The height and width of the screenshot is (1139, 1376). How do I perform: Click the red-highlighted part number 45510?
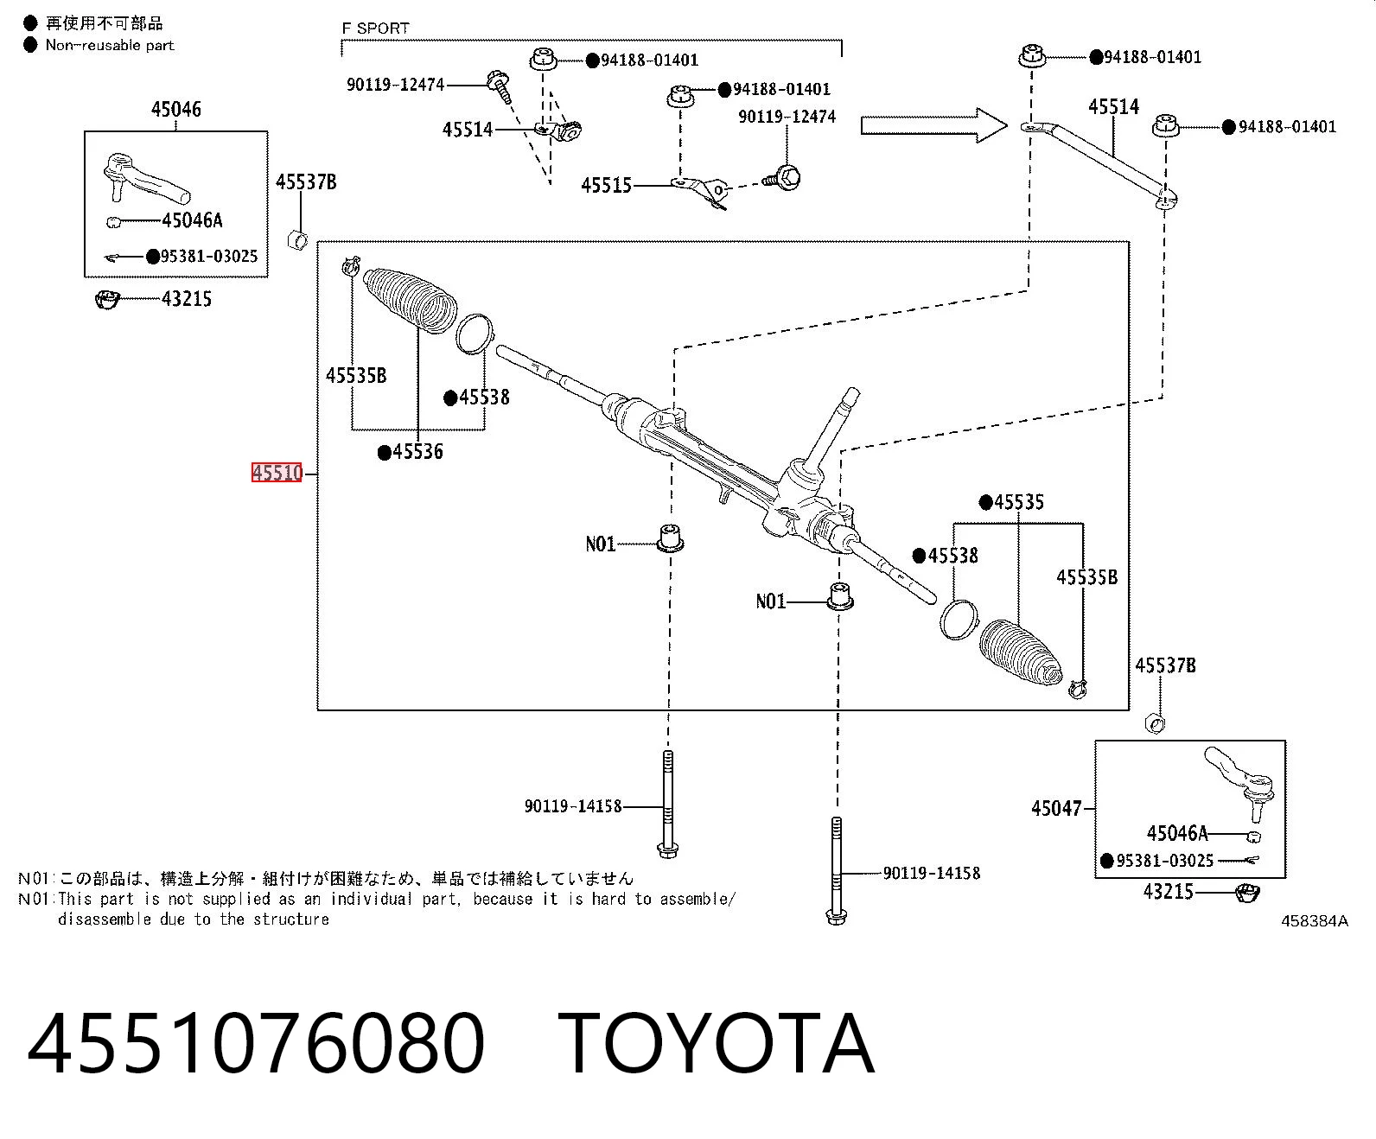[277, 473]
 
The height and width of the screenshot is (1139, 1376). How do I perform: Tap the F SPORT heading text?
[375, 29]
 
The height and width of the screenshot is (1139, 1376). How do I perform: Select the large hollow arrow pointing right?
[933, 124]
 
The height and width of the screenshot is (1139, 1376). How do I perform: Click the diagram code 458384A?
[1314, 921]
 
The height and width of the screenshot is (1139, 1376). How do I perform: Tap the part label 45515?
[606, 185]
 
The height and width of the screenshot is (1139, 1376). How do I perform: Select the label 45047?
[1056, 808]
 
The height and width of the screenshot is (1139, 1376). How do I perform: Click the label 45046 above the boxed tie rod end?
[176, 109]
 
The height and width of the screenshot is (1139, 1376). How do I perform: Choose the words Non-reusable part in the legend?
[110, 46]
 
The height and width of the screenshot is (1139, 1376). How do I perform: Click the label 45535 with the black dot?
[1019, 502]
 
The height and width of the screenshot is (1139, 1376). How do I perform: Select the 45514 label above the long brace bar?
[1114, 106]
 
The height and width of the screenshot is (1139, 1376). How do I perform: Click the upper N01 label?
[600, 544]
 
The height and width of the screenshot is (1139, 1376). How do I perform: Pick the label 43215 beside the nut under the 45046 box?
[187, 299]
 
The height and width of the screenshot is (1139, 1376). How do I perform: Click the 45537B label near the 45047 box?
[1165, 665]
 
